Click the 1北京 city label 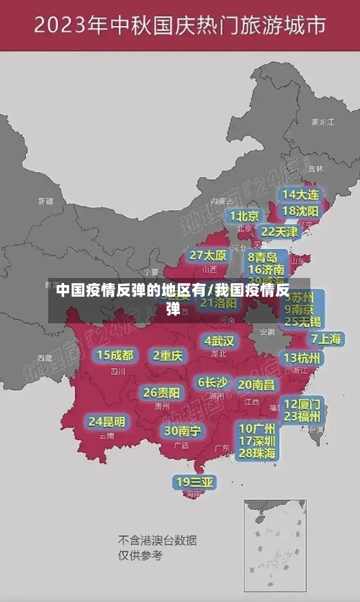[x=244, y=215]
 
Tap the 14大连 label [x=300, y=194]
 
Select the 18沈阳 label [x=300, y=211]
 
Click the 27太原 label [x=208, y=255]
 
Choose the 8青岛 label [x=263, y=256]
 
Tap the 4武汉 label [x=219, y=341]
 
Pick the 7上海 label [x=325, y=338]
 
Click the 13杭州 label [x=303, y=358]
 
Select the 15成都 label [x=115, y=354]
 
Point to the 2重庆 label [x=168, y=355]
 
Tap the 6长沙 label [x=212, y=382]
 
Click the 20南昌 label [x=256, y=385]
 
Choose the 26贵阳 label [x=162, y=392]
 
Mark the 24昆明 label [x=107, y=421]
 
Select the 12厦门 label [x=302, y=403]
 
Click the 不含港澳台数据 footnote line [x=158, y=540]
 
